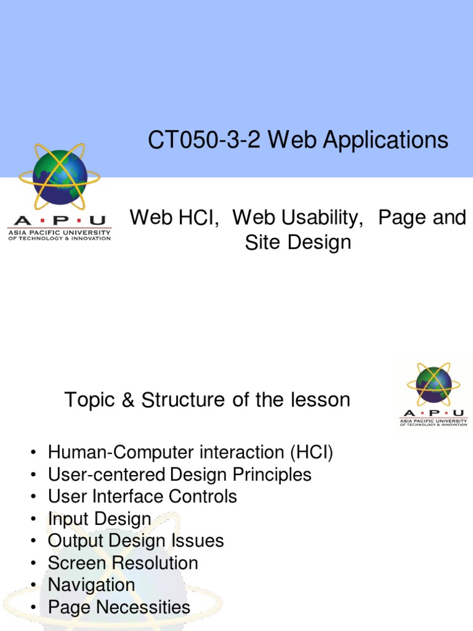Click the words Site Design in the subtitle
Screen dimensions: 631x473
(x=298, y=242)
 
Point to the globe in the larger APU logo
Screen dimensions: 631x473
(x=60, y=177)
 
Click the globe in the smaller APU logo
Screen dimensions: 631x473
(x=434, y=385)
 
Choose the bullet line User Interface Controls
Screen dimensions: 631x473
(x=142, y=497)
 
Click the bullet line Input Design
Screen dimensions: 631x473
(x=99, y=519)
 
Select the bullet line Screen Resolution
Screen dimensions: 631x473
(x=123, y=563)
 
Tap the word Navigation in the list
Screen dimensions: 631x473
(x=91, y=585)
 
